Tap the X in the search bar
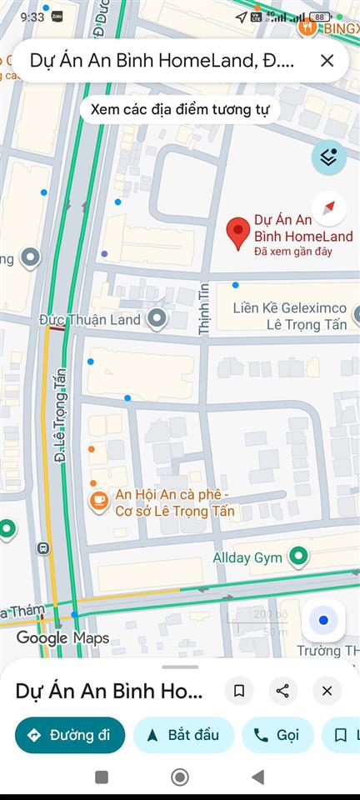coord(327,60)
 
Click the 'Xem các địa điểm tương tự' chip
coord(180,110)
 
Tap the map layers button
coord(328,157)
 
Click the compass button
coord(328,207)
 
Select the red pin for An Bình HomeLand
coord(239,232)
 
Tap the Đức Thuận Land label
coord(90,319)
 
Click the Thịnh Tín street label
coord(203,309)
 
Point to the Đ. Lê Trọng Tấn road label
coord(60,428)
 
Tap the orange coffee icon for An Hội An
coord(99,500)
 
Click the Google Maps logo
coord(62,638)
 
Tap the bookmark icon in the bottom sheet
coord(239,691)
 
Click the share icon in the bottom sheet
coord(282,691)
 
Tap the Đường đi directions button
coord(70,735)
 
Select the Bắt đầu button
coord(182,735)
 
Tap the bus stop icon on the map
coord(42,548)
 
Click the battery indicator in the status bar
coord(320,17)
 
